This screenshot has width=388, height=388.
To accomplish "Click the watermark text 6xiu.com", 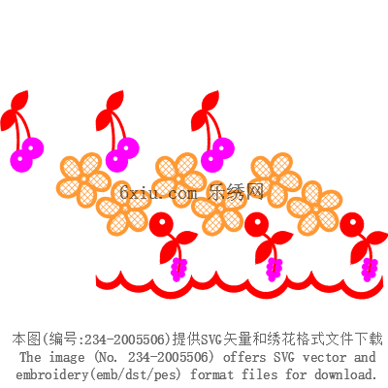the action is [x=158, y=193].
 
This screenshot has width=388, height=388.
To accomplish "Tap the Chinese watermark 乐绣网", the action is [x=236, y=192].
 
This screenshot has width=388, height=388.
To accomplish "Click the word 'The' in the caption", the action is [x=31, y=357].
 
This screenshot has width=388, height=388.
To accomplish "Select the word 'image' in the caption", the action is [x=67, y=358].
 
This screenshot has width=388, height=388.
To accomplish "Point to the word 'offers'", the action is [x=244, y=357].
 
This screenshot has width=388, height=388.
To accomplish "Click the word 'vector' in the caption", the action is [x=324, y=358].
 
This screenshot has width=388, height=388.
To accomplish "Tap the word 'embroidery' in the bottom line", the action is [x=51, y=374].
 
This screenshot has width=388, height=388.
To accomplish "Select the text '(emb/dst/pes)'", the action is [x=135, y=374].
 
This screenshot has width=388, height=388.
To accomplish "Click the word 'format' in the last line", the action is [x=211, y=374].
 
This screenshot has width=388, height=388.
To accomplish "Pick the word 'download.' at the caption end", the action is [x=346, y=374].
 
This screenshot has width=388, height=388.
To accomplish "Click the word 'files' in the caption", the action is [x=260, y=374].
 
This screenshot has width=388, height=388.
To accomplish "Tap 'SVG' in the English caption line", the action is [x=284, y=357].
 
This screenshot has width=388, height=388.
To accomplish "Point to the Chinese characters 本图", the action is [x=27, y=339].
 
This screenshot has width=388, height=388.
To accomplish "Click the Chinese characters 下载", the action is [x=369, y=339].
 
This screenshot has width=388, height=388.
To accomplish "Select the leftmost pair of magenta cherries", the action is [x=27, y=155].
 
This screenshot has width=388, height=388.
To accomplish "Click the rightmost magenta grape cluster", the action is [x=370, y=270].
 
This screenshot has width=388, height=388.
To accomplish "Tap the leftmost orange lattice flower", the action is [x=84, y=179].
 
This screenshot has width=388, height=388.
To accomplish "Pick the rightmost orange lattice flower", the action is [x=314, y=209].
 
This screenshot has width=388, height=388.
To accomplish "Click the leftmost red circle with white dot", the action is [x=161, y=224].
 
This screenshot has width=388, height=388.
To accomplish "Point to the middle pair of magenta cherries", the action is [x=122, y=154].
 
